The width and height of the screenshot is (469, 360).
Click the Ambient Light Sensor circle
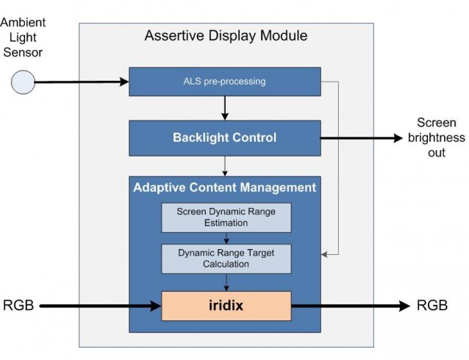(x=22, y=82)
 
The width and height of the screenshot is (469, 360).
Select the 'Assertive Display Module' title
(x=226, y=36)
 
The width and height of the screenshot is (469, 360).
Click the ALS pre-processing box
(x=226, y=81)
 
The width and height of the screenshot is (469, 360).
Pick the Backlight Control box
(x=226, y=137)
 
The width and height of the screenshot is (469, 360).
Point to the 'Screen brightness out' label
(x=436, y=137)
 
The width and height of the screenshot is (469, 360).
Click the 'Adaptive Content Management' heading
(x=225, y=187)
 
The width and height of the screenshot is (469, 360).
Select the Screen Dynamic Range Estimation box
(x=226, y=217)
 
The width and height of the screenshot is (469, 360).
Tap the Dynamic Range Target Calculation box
(x=226, y=258)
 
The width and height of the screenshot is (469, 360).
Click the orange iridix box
(x=226, y=305)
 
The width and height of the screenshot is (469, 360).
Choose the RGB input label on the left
(x=17, y=305)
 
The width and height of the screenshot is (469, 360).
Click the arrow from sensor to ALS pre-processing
(x=81, y=82)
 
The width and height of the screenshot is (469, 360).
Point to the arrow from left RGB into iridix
(x=99, y=305)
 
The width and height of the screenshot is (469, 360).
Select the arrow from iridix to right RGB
(x=353, y=305)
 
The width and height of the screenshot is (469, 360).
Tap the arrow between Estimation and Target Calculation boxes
(x=226, y=237)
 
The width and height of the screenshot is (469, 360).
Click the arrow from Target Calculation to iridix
(x=226, y=281)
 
